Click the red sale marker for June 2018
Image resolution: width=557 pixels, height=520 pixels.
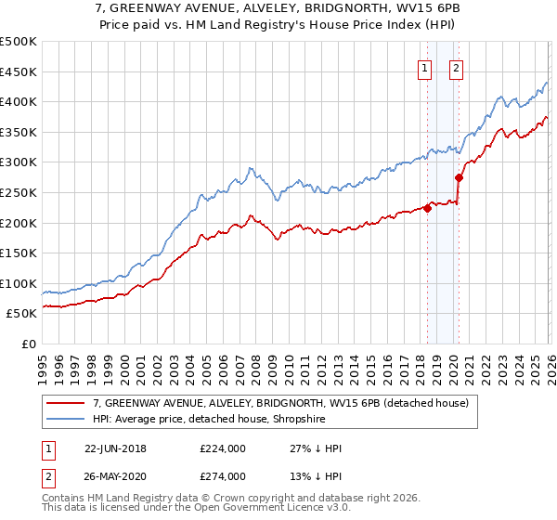tap(427, 208)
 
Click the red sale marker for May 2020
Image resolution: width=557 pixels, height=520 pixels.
tap(459, 177)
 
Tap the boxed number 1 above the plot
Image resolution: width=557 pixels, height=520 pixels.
tap(424, 67)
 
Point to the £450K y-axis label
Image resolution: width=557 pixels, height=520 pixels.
tap(19, 71)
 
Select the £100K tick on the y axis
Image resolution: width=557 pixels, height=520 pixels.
tap(19, 283)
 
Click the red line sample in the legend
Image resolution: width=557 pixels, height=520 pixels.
tap(66, 403)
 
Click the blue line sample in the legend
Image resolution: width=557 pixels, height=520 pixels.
tap(66, 420)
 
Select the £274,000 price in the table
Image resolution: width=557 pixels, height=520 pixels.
tap(223, 476)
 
